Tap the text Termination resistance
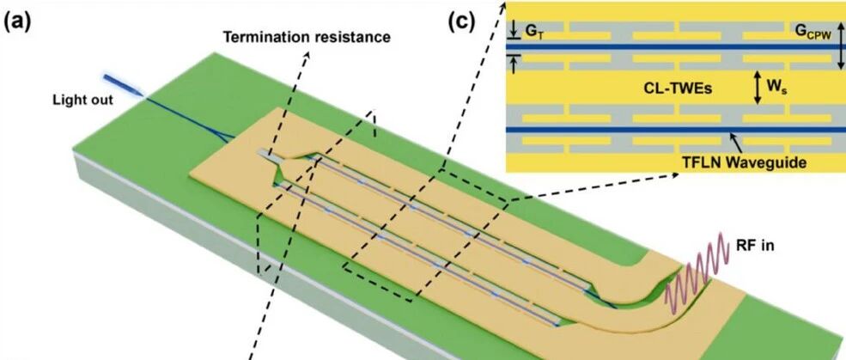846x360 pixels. pos(307,37)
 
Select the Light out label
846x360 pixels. pos(83,101)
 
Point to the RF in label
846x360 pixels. pos(755,246)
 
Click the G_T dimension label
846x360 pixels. pos(534,32)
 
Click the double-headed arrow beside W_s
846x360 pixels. pos(758,87)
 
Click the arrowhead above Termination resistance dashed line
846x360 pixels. pos(308,56)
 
